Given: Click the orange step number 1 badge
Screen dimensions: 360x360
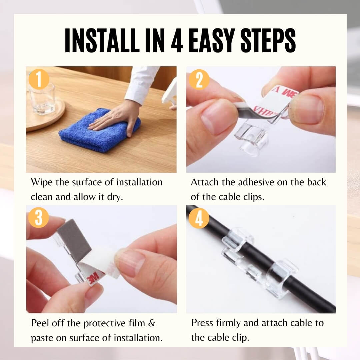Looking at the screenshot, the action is coord(39,79).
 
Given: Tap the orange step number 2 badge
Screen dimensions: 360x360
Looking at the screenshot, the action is coord(199,79).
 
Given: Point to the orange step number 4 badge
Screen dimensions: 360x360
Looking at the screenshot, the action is coord(199,218).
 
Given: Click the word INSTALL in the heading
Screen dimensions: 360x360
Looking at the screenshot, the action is coord(102,41).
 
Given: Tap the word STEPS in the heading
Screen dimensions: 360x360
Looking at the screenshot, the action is coord(268,41).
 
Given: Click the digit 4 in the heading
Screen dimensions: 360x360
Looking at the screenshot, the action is coord(177,41).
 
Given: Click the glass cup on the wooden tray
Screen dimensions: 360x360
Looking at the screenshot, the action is coord(42,99).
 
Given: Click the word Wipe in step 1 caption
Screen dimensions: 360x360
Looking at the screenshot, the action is coord(42,182).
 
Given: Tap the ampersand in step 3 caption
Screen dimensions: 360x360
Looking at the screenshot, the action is coord(152,323).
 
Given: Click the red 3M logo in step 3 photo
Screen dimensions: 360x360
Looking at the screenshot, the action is coord(94,278).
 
